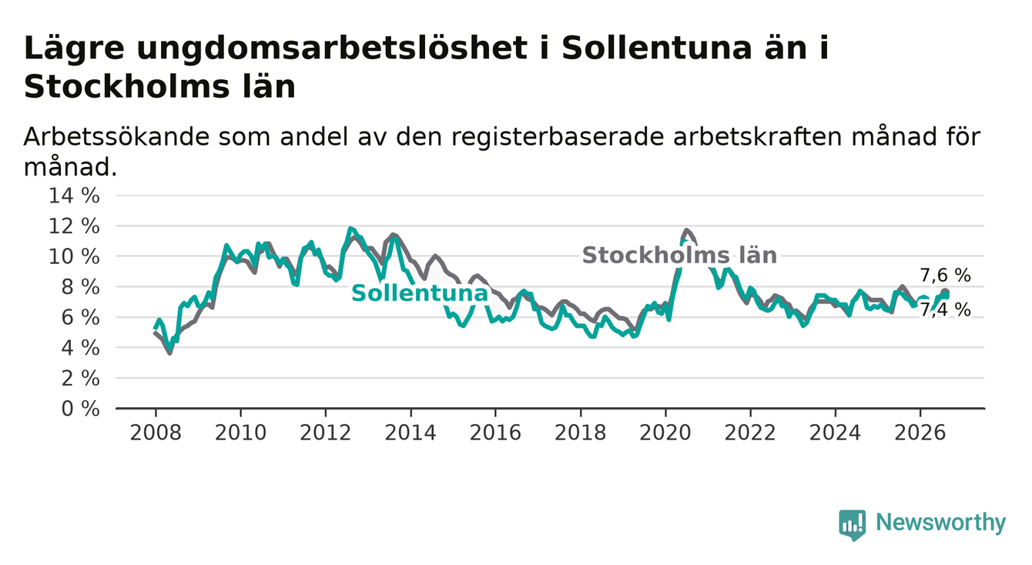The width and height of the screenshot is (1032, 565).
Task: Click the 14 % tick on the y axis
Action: [x=74, y=196]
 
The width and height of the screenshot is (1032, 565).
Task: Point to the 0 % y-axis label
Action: [x=80, y=409]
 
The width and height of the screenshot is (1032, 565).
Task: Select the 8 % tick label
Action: [x=80, y=287]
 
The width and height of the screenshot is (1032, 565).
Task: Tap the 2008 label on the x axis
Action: [x=156, y=433]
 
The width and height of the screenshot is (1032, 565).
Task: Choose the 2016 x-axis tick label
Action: [x=495, y=433]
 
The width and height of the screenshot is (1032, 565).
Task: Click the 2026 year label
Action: [x=920, y=433]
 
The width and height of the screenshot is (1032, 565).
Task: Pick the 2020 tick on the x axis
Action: [x=665, y=433]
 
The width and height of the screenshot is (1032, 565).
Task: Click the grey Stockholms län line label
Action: [x=679, y=255]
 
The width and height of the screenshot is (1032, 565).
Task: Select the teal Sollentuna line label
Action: [x=420, y=293]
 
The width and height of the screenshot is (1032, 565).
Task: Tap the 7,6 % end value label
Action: [x=946, y=276]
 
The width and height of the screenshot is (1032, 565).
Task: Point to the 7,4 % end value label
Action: [x=946, y=310]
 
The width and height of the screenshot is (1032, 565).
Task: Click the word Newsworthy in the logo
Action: [x=941, y=522]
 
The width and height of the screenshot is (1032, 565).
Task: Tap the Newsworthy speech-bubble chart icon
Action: [x=853, y=524]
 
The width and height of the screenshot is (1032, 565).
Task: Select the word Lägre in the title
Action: [x=74, y=48]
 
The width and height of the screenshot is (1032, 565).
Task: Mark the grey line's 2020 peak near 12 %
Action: [x=686, y=230]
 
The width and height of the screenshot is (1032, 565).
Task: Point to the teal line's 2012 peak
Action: [x=350, y=229]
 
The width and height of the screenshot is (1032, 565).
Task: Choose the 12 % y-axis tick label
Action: [x=74, y=226]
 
